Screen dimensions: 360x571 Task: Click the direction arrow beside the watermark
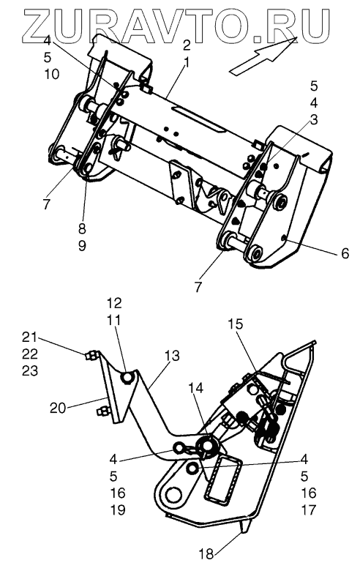point(264,56)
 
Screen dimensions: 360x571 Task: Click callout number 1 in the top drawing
point(187,62)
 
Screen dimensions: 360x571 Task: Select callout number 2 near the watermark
point(187,45)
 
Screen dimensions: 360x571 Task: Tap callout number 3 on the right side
point(314,119)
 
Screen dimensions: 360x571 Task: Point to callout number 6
point(345,253)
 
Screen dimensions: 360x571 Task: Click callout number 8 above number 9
point(82,228)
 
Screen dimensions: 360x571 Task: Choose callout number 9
point(82,246)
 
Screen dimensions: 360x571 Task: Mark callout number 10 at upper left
point(52,74)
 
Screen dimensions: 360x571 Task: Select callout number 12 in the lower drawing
point(114,303)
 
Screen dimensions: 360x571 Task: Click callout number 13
point(172,356)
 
